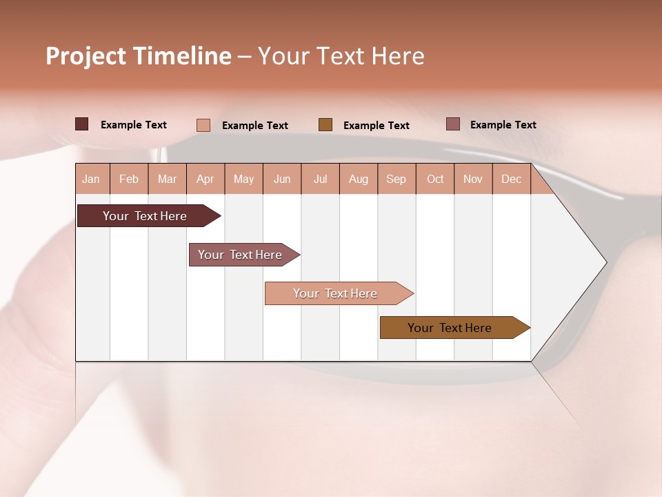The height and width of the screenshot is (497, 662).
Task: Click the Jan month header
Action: (91, 179)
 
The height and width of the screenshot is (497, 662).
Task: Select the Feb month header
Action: (129, 179)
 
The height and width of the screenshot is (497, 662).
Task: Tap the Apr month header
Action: (205, 179)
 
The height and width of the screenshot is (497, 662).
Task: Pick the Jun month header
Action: (282, 179)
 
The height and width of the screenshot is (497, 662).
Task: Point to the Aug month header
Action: (358, 179)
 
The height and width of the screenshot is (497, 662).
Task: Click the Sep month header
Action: (396, 179)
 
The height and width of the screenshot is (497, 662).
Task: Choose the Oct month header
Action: (435, 179)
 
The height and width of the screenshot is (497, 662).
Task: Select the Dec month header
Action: (511, 179)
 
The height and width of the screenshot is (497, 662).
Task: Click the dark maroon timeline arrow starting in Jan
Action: (145, 216)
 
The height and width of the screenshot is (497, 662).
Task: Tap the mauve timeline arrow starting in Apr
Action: (240, 255)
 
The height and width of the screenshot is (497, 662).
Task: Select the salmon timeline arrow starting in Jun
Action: (335, 293)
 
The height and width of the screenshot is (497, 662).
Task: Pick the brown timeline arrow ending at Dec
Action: (450, 328)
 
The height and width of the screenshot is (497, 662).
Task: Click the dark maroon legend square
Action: (81, 124)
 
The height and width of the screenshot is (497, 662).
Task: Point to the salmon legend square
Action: (203, 125)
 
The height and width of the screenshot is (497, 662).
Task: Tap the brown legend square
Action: (325, 125)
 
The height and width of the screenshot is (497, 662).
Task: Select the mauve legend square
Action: (452, 124)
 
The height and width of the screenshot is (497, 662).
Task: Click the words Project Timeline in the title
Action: (138, 56)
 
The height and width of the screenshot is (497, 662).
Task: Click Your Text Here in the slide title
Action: (341, 56)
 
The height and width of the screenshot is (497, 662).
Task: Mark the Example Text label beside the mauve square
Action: (503, 125)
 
